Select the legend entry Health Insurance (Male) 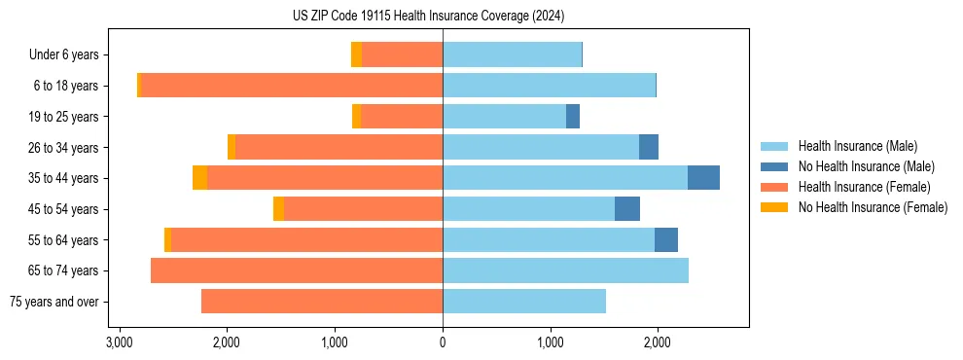tap(856, 146)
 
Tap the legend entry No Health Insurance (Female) tap(873, 207)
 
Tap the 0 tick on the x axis tap(443, 342)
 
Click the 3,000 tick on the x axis tap(119, 342)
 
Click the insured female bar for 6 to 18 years tap(292, 86)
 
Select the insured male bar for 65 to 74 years tap(565, 270)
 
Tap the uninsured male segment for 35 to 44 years tap(703, 178)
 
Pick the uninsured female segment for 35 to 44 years tap(199, 178)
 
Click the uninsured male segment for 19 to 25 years tap(573, 117)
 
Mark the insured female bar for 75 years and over tap(322, 302)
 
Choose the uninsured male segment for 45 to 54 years tap(627, 209)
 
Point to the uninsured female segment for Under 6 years tap(356, 54)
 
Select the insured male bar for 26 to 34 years tap(541, 147)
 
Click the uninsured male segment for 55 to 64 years tap(666, 239)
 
